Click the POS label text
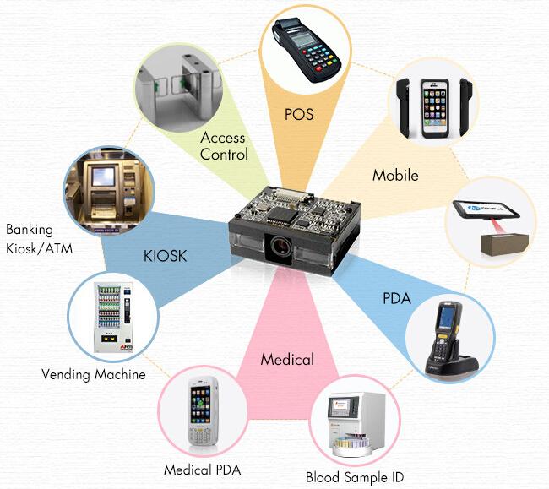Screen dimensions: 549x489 (x=299, y=115)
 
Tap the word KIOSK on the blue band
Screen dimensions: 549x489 (x=166, y=256)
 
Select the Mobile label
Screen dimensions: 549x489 (x=395, y=175)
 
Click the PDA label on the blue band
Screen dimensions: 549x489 (x=397, y=299)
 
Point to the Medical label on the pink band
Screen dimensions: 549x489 (x=287, y=360)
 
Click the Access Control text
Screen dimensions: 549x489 (x=224, y=146)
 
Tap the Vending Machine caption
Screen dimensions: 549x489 (x=94, y=374)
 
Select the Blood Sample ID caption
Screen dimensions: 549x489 (x=355, y=477)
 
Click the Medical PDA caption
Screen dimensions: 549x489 (x=203, y=470)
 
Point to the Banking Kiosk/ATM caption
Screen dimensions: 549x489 (x=39, y=239)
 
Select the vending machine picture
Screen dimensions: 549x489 (x=113, y=318)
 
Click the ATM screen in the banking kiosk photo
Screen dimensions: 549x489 (x=103, y=177)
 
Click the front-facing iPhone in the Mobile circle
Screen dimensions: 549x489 (x=434, y=108)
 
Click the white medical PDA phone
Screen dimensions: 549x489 (x=203, y=411)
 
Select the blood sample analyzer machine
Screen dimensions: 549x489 (x=356, y=424)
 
